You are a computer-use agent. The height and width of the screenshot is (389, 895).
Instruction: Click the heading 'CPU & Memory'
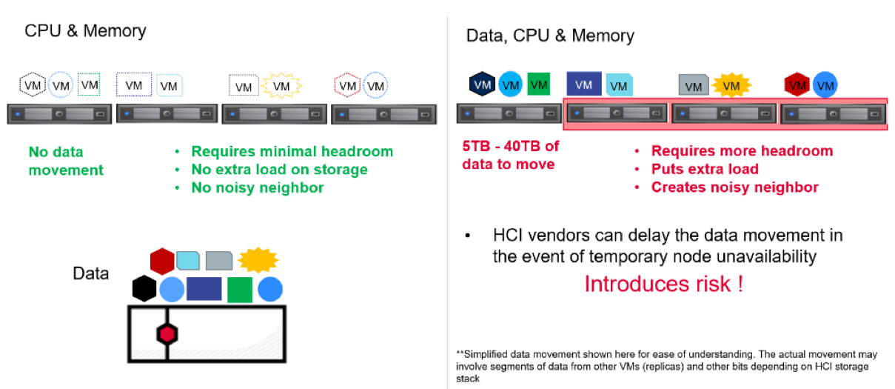point(85,31)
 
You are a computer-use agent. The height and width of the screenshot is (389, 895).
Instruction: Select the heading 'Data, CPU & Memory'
point(549,36)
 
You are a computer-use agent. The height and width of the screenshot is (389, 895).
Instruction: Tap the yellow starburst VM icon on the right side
point(731,86)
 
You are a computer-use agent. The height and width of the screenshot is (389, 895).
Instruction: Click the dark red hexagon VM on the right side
point(797,86)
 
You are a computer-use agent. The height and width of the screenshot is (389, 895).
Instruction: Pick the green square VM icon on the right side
point(539,84)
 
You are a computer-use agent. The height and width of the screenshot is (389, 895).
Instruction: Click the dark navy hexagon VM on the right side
point(482,84)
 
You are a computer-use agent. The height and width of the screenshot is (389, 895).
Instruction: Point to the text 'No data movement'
point(65,161)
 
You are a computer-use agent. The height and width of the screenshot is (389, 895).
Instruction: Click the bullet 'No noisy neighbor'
point(257,187)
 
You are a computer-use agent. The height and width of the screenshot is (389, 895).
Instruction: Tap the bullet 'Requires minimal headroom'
point(292,151)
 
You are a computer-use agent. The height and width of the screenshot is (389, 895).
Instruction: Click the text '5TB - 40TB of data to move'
point(510,155)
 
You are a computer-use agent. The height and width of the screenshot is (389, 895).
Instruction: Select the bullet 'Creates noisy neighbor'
point(734,187)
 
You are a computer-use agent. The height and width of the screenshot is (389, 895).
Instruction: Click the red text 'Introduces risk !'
point(663,284)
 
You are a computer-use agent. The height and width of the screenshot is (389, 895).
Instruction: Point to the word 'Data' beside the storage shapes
point(90,273)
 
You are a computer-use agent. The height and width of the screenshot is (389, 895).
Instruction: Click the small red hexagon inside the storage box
point(167,334)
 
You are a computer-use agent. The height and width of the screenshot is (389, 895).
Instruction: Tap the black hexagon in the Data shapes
point(144,288)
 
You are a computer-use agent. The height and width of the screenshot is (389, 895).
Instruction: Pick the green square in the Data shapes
point(239,289)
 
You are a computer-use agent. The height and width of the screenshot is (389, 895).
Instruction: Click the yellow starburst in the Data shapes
point(258,259)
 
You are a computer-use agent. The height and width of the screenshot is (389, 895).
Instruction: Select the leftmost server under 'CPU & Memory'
point(59,114)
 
